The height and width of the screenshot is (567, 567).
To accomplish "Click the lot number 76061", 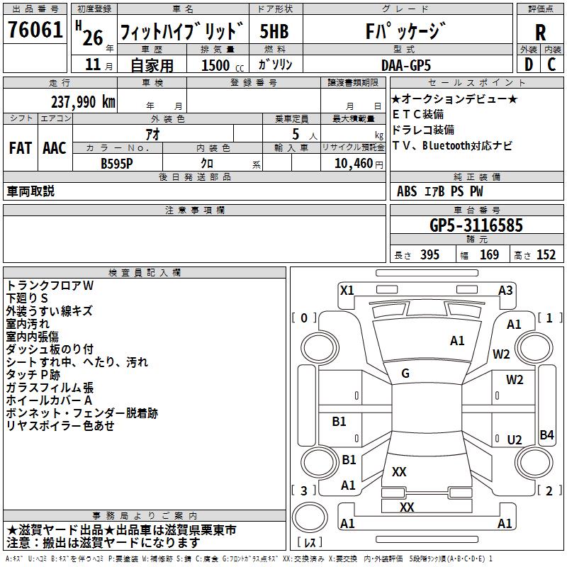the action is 35,30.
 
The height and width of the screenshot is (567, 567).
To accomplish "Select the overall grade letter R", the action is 540,33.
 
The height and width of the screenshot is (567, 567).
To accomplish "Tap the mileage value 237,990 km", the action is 83,102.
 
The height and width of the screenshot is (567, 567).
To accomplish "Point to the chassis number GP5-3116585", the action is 476,225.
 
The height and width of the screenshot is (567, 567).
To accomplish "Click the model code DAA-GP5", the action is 405,65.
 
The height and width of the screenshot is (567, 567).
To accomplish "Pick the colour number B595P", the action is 116,164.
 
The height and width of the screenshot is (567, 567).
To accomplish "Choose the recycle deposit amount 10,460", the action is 353,164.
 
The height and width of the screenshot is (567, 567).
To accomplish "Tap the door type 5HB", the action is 274,31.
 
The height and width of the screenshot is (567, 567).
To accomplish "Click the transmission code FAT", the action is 21,148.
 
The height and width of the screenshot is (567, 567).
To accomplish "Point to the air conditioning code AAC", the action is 55,148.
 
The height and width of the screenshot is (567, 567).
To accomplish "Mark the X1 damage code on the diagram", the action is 347,291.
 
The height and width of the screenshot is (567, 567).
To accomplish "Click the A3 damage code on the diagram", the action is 505,291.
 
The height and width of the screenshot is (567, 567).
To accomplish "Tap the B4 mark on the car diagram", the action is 546,434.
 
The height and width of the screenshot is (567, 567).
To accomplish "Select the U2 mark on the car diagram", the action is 515,439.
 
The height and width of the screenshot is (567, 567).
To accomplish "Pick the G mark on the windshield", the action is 405,374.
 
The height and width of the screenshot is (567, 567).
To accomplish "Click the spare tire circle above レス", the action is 310,517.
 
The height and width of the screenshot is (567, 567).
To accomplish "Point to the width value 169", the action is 489,254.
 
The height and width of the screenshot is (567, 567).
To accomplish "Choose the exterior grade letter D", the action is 529,64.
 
